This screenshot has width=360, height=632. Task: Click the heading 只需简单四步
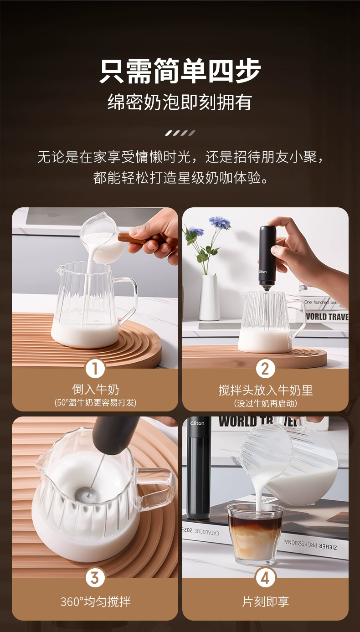pos(180,71)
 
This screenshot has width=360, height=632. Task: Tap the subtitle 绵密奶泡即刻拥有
pos(180,102)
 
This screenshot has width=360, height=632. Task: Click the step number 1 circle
pos(95,369)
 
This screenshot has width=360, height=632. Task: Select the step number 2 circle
pos(265,369)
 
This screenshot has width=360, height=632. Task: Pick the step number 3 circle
pos(95,578)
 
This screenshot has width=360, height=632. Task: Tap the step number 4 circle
pos(265,578)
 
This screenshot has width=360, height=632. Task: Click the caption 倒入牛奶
pos(95,389)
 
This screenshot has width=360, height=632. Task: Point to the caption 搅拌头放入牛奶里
pos(266,390)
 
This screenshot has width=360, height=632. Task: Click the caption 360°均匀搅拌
pos(95,602)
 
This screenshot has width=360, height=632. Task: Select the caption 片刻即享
pos(266,602)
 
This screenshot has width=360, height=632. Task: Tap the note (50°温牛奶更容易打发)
pos(95,402)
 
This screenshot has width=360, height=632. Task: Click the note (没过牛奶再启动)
pos(266,403)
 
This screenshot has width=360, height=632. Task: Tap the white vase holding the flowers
pos(209,298)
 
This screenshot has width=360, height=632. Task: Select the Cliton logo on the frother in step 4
pos(197,423)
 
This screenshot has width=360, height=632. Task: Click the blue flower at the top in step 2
pos(220,222)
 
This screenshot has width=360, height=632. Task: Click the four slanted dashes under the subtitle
pos(180,133)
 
